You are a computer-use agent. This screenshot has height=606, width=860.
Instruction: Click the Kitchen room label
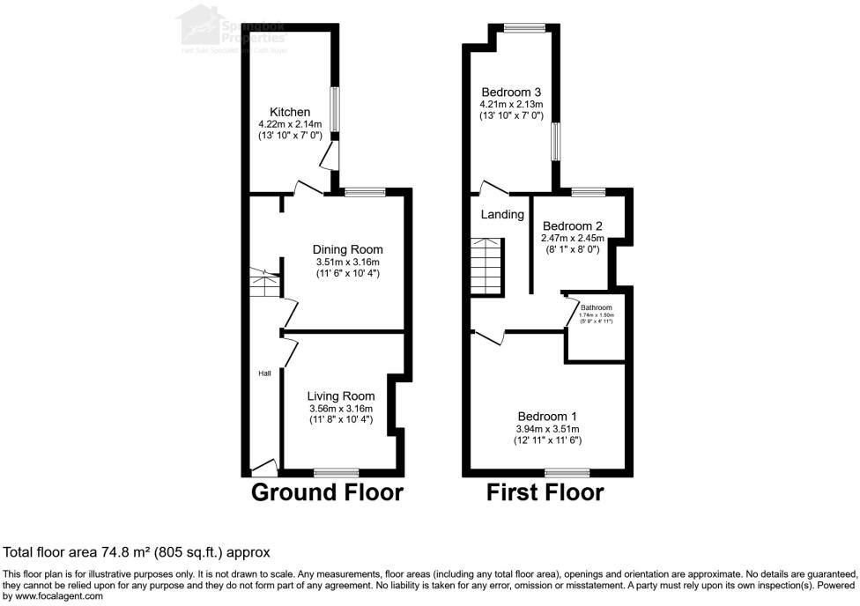290,112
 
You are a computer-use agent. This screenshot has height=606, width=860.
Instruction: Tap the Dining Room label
349,250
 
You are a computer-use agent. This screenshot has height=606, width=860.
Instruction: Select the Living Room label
341,396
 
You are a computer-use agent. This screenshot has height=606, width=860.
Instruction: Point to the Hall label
264,373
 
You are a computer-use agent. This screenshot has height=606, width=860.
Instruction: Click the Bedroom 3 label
510,92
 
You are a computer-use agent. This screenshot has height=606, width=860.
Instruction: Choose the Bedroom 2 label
572,226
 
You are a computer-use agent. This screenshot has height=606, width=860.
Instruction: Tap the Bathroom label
596,307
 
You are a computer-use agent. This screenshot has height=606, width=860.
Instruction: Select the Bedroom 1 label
547,417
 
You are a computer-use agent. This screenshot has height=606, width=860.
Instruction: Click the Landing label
502,215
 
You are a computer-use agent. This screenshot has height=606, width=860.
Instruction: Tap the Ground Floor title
327,492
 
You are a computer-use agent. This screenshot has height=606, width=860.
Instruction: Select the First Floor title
545,492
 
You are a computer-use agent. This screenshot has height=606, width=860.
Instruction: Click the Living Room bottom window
337,472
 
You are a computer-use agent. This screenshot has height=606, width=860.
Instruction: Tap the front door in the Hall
263,467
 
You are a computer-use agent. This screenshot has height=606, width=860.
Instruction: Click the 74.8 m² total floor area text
137,552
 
